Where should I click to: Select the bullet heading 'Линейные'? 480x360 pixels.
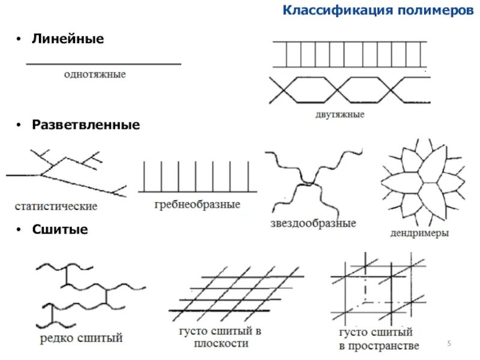point(68,39)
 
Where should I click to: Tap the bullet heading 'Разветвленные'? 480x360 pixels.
point(86,125)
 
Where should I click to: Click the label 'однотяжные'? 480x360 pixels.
point(95,75)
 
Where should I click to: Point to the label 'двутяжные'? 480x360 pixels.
point(339,114)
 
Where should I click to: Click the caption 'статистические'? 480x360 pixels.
point(56,206)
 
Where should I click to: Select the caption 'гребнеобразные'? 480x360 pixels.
point(197,205)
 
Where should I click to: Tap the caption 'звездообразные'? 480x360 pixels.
point(313,223)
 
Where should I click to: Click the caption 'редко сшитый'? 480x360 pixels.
point(81,339)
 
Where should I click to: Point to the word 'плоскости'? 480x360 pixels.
point(220,343)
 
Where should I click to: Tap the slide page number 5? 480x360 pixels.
point(448,343)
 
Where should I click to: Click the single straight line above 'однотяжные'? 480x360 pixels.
point(103,64)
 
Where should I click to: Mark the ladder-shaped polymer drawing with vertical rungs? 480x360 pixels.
point(350,54)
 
